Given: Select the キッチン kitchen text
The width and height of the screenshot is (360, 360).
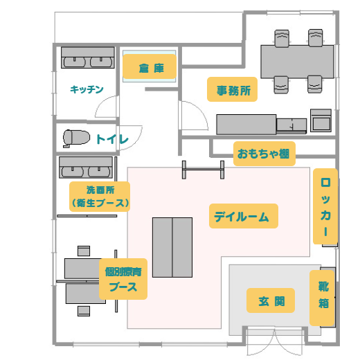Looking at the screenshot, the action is coord(87,89).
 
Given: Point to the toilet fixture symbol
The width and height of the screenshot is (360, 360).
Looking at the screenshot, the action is coord(76,138).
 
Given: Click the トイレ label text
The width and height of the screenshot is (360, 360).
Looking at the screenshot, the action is coord(112,139).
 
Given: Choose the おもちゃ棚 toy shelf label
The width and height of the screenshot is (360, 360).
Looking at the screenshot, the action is coord(264,154).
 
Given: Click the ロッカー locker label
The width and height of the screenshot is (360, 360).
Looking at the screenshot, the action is coord(325,206).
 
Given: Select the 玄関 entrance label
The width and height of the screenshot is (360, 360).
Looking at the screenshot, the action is coord(271,300).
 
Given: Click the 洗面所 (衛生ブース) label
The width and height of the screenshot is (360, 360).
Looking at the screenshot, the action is coord(100,197).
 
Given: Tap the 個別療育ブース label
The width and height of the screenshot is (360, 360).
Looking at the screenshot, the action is coord(123,279).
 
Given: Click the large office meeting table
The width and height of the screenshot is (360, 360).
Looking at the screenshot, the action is coord(297,62).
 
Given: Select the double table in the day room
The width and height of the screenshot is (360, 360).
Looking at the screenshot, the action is coord(172,247).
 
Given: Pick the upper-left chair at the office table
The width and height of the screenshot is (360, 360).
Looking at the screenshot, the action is coord(282,38).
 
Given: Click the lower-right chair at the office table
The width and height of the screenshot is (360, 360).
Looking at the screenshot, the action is coord(315,84).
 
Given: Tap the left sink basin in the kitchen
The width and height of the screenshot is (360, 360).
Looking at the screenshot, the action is coord(74,62).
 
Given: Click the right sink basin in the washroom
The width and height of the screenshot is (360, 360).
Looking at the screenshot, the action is coord(99,172).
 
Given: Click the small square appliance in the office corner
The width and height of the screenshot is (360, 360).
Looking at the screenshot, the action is coord(321,120).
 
